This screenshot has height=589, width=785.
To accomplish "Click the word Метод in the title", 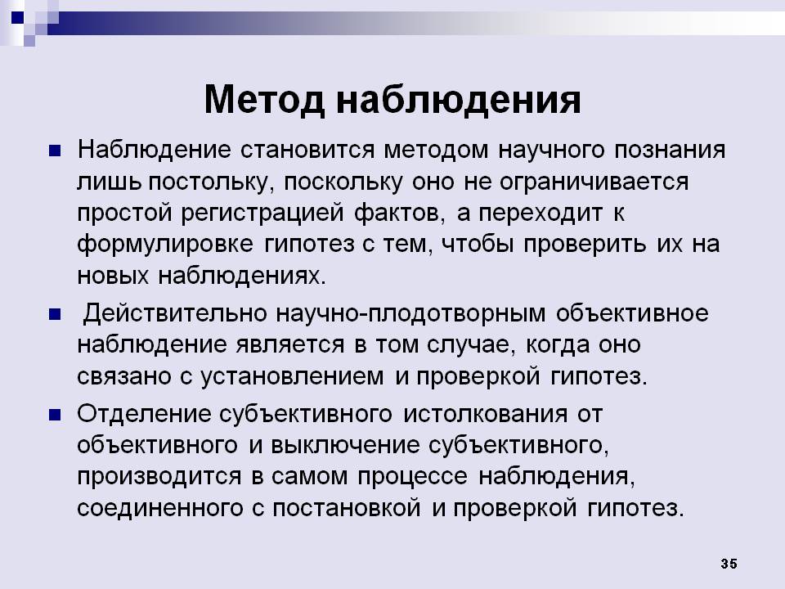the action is [x=264, y=100].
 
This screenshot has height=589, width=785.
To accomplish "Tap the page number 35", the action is [x=729, y=564].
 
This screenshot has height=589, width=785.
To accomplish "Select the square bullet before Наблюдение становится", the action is [x=55, y=151].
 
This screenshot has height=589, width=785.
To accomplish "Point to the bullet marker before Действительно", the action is [x=55, y=314].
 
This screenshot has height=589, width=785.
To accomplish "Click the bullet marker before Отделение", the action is [x=55, y=415].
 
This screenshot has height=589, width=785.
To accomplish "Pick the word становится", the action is [x=307, y=151].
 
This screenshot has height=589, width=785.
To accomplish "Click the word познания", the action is [x=670, y=151].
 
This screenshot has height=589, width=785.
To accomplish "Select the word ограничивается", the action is [x=594, y=182].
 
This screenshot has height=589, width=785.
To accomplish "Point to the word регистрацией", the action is [x=262, y=214].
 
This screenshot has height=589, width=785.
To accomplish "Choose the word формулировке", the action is [x=165, y=245].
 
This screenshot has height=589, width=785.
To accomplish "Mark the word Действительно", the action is [x=175, y=313].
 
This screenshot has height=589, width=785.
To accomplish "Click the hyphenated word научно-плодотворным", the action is [x=410, y=314].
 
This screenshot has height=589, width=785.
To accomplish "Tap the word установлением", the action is [x=293, y=376].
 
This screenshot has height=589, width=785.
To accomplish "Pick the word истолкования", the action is [x=485, y=414].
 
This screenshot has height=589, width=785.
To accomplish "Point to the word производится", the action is [x=159, y=477].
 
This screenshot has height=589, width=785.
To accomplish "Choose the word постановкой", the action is [x=347, y=508].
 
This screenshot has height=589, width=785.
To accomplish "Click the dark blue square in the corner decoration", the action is [x=17, y=17].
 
